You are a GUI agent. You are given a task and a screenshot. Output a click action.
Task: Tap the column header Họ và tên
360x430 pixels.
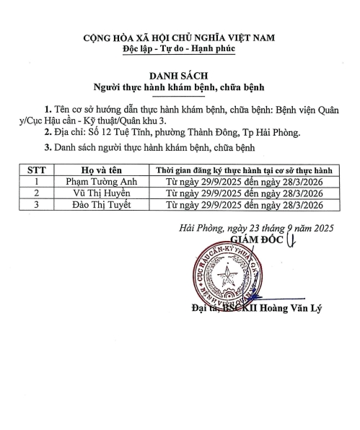[x=99, y=170]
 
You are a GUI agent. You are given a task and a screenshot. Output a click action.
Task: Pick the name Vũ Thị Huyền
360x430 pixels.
[x=99, y=194]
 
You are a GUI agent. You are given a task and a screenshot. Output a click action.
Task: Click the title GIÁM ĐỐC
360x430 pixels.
[x=254, y=239]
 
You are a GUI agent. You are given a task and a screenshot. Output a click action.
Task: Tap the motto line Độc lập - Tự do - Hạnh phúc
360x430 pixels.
[x=180, y=48]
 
